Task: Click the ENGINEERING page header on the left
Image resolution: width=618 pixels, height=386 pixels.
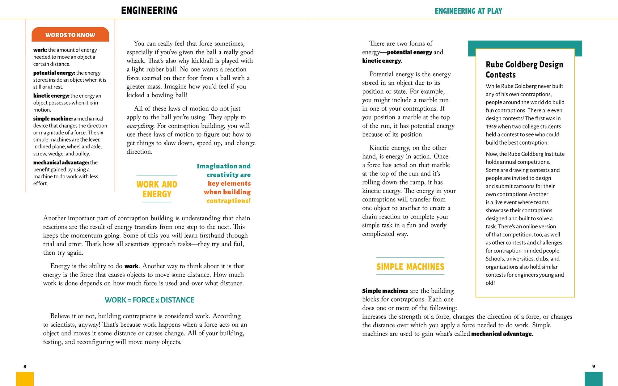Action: pyautogui.click(x=149, y=11)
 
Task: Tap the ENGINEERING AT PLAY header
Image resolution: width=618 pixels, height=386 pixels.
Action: pyautogui.click(x=468, y=11)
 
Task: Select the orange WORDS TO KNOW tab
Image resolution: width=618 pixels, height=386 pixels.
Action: pyautogui.click(x=70, y=35)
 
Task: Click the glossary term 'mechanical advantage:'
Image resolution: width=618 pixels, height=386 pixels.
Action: pyautogui.click(x=61, y=163)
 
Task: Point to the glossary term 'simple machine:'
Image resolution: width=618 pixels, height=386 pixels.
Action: pyautogui.click(x=53, y=119)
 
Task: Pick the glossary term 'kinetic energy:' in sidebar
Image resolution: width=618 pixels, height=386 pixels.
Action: pyautogui.click(x=51, y=96)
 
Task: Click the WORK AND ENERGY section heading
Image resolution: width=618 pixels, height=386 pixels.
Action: pyautogui.click(x=157, y=189)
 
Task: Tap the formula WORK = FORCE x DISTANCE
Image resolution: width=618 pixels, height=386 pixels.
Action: pyautogui.click(x=150, y=300)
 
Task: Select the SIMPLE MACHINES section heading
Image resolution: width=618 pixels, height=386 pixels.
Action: pyautogui.click(x=410, y=267)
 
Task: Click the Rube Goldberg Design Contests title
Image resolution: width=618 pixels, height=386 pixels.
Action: pyautogui.click(x=524, y=70)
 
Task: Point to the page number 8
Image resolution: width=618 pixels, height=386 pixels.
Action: pyautogui.click(x=25, y=367)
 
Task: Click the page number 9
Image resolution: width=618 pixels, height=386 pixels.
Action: pyautogui.click(x=594, y=367)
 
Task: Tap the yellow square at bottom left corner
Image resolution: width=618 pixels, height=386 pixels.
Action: pyautogui.click(x=25, y=379)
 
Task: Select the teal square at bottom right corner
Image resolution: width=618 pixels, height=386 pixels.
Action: pyautogui.click(x=594, y=379)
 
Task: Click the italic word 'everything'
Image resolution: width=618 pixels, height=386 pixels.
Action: pyautogui.click(x=140, y=126)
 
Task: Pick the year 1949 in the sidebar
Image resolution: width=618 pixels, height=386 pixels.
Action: pyautogui.click(x=491, y=126)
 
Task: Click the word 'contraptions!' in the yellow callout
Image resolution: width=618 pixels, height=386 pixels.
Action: pyautogui.click(x=229, y=201)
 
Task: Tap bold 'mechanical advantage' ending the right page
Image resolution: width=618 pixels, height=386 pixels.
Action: pyautogui.click(x=501, y=334)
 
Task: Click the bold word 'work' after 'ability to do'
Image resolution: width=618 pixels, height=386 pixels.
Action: pyautogui.click(x=131, y=266)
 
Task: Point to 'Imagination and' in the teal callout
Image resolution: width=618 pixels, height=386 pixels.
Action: pyautogui.click(x=224, y=166)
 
